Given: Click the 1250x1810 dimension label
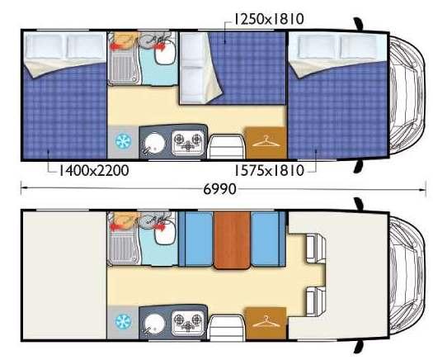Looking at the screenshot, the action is [x=269, y=19].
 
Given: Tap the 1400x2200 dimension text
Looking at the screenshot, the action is [x=94, y=170].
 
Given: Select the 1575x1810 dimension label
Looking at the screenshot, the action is [x=269, y=170].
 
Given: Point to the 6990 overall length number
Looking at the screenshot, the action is [x=220, y=189].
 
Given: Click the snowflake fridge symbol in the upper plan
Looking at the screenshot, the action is [x=123, y=141].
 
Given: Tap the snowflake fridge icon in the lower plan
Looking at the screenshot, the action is [x=123, y=321].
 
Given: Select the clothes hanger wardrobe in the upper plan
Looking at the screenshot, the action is [x=266, y=143].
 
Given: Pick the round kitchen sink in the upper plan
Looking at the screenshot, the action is [x=155, y=144].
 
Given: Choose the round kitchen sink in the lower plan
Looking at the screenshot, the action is [x=155, y=324].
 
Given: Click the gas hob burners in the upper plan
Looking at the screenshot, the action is [x=188, y=142].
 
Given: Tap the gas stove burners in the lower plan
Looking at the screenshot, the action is [x=188, y=322].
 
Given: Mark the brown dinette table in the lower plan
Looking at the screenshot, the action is [x=233, y=240].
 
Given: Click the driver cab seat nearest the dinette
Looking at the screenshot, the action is [x=316, y=249].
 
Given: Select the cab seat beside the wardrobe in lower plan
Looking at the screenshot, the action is [x=316, y=302].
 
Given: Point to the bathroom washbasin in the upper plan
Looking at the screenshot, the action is [x=165, y=54].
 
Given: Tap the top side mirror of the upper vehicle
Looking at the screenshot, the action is [x=360, y=23].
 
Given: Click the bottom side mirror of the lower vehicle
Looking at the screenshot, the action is [x=359, y=347].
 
